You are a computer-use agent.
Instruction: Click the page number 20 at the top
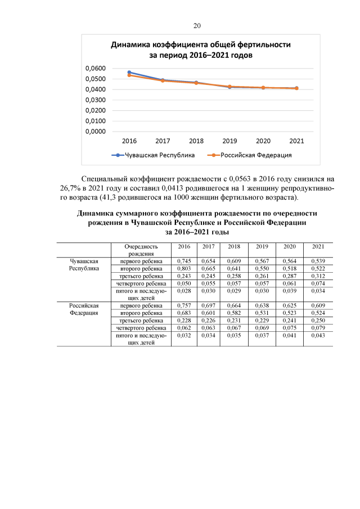197,25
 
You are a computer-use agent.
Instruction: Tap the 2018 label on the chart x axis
196,141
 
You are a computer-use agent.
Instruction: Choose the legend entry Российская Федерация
251,155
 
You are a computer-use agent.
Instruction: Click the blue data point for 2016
129,72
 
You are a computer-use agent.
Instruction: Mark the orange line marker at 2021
296,88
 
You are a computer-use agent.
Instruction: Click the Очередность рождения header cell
138,250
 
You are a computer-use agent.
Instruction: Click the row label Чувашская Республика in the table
84,265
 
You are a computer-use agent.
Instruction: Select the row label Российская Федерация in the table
84,309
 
